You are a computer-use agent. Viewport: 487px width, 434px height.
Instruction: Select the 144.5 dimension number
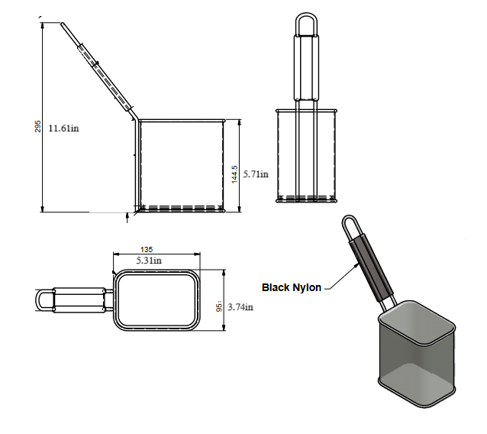pyautogui.click(x=235, y=173)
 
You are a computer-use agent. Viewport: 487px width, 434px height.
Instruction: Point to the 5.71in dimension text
pyautogui.click(x=256, y=174)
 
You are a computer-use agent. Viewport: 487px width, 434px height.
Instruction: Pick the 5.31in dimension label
pyautogui.click(x=149, y=261)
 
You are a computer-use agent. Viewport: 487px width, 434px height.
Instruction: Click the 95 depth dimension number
pyautogui.click(x=219, y=306)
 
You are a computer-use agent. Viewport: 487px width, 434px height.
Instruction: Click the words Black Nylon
pyautogui.click(x=291, y=287)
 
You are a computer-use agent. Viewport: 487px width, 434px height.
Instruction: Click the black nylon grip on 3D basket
pyautogui.click(x=373, y=267)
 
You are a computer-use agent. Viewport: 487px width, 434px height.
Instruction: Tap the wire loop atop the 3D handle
pyautogui.click(x=350, y=226)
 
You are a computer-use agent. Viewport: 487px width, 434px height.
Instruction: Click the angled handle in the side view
pyautogui.click(x=98, y=68)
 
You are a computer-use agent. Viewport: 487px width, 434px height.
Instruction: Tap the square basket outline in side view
pyautogui.click(x=181, y=164)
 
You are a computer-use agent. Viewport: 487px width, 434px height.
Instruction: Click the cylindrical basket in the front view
pyautogui.click(x=306, y=157)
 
